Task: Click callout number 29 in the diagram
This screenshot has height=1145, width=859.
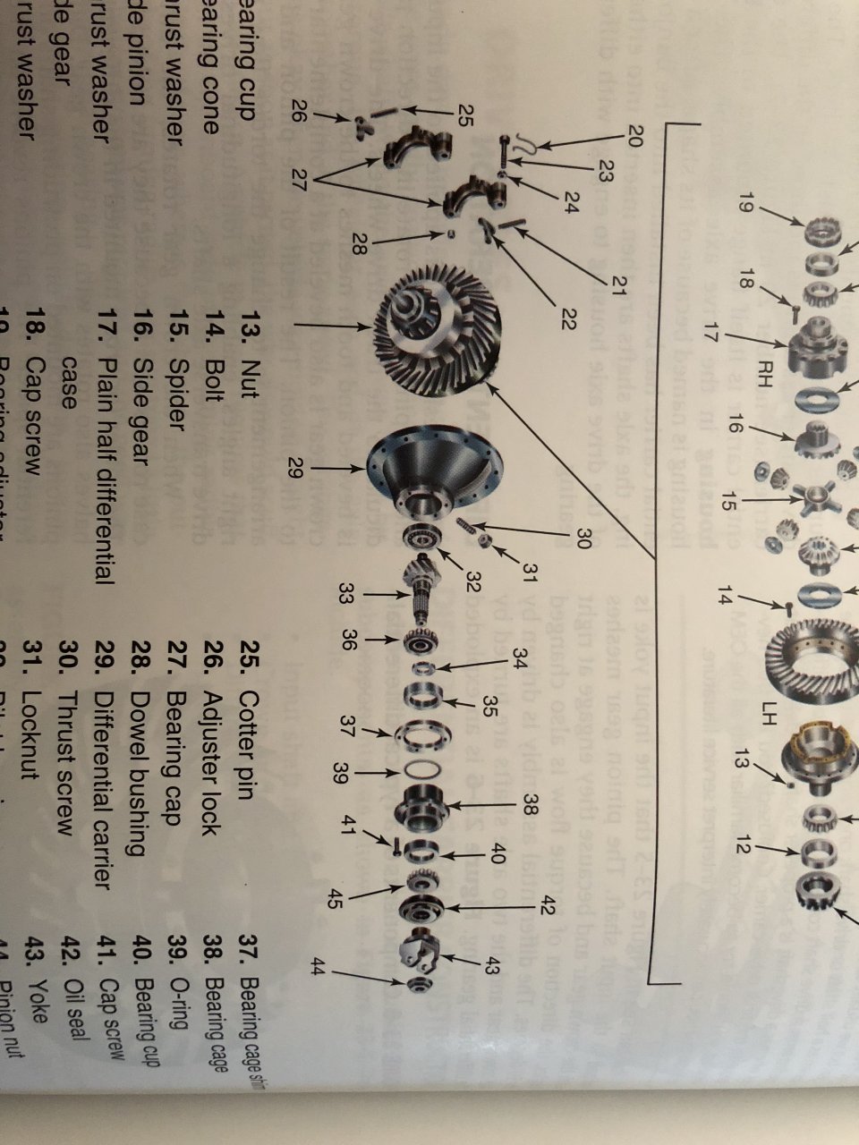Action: (295, 466)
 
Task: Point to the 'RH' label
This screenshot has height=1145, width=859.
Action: (766, 367)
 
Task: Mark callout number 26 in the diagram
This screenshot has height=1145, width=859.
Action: (301, 113)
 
